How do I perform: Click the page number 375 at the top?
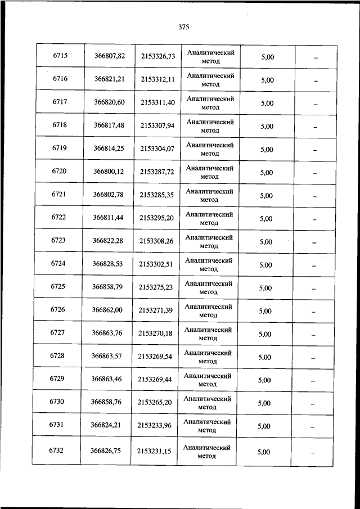point(183,27)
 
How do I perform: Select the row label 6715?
point(60,56)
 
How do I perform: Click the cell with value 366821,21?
point(109,79)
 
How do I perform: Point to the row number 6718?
point(60,125)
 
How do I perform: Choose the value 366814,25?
point(109,149)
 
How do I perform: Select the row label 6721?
point(59,195)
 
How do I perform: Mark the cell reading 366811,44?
point(108,218)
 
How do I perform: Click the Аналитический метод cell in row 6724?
point(209,264)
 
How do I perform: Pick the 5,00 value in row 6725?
point(265,288)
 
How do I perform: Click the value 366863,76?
point(107,334)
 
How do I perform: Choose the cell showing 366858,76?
point(106,403)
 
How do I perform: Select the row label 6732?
point(57,451)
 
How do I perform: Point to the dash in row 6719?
point(315,150)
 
